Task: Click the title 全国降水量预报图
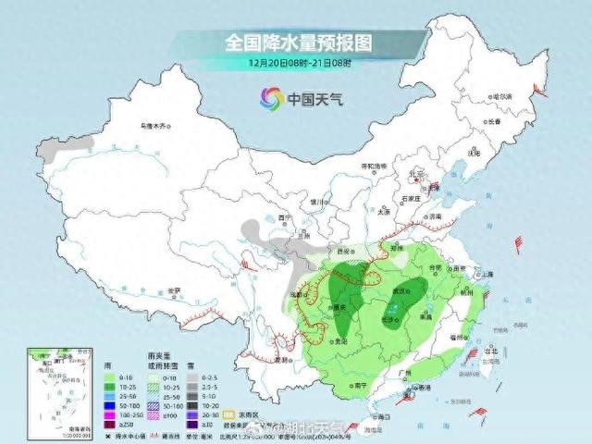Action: pos(296,43)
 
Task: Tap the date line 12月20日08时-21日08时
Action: pos(296,63)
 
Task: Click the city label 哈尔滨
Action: pos(502,96)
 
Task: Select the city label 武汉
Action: pos(404,291)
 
